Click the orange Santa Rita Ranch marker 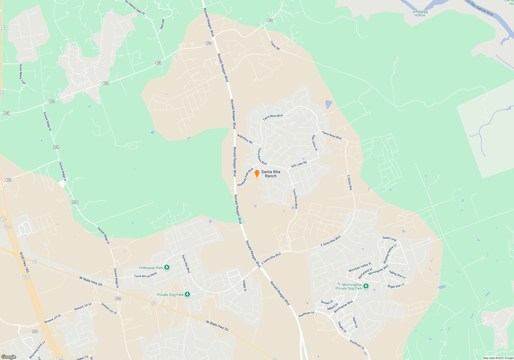coord(257,173)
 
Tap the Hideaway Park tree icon coord(167,268)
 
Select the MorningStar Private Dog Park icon coord(366,286)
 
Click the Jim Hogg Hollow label coord(420,13)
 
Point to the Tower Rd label coord(275,45)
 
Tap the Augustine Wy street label coord(245,139)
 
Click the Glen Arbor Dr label coord(315,143)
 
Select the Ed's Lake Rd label coord(299,164)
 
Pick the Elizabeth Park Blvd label coord(245,177)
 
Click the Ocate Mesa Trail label coord(22,74)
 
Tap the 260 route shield coord(75,202)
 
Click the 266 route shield coord(118,299)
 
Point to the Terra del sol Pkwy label coord(145,275)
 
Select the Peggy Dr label coord(245,286)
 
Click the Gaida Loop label coord(389,239)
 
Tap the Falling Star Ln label coord(397,275)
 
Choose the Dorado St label coord(327,302)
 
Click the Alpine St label coord(355,322)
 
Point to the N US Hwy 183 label coord(24,262)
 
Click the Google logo coord(9,357)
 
